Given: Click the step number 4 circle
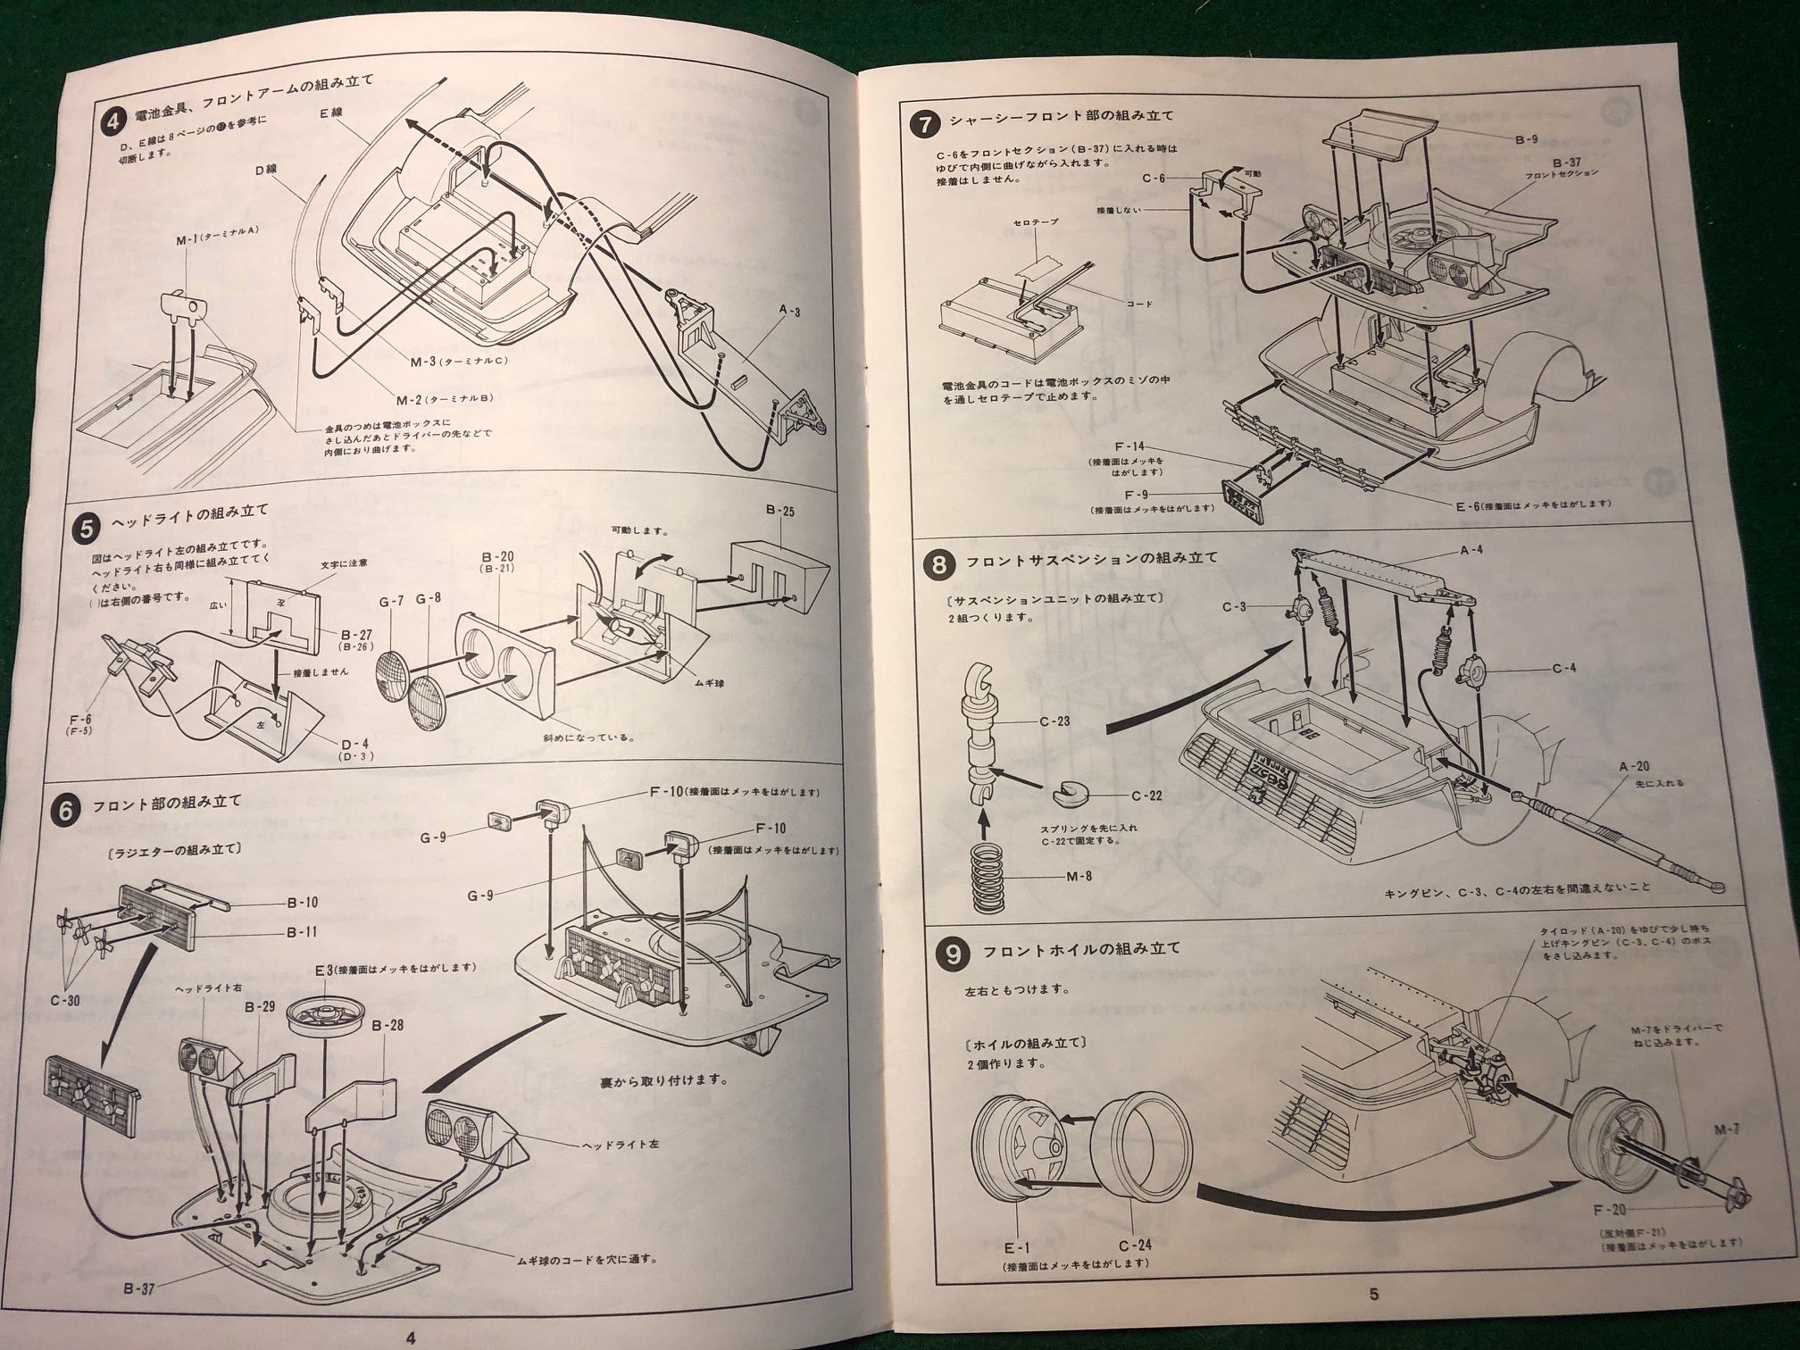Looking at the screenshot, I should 112,118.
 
